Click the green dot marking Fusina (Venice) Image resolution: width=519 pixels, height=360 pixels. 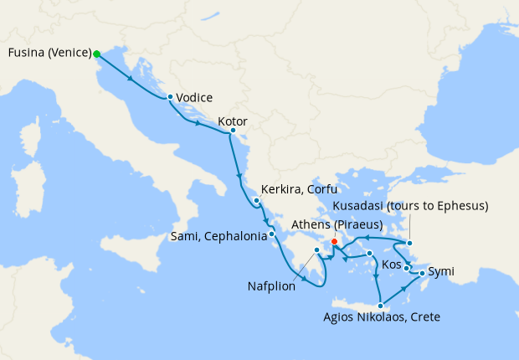pyautogui.click(x=97, y=54)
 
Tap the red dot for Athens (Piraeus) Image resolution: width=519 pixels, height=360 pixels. pyautogui.click(x=335, y=241)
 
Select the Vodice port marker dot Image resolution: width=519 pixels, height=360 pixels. pyautogui.click(x=170, y=97)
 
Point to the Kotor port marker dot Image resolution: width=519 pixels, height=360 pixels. pyautogui.click(x=232, y=131)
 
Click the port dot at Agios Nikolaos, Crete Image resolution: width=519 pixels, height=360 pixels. pyautogui.click(x=381, y=305)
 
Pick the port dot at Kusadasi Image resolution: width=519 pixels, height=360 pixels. pyautogui.click(x=409, y=243)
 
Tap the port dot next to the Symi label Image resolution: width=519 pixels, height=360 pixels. pyautogui.click(x=421, y=273)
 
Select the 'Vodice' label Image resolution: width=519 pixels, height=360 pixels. pyautogui.click(x=194, y=97)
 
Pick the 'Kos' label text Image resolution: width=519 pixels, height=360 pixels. pyautogui.click(x=391, y=265)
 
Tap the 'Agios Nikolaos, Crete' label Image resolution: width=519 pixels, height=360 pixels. pyautogui.click(x=381, y=317)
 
